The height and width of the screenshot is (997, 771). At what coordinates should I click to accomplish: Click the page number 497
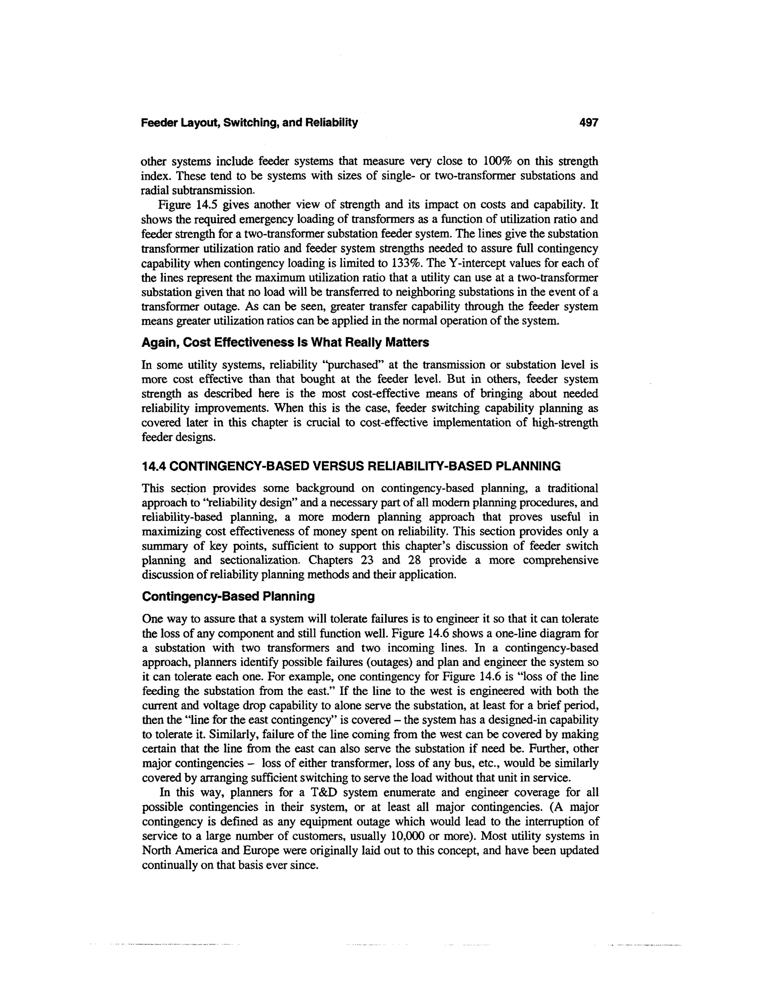point(588,123)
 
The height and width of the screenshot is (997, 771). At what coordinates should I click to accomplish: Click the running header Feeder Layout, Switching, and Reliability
point(249,123)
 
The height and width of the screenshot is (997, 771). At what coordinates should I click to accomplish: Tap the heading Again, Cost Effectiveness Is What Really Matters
point(285,342)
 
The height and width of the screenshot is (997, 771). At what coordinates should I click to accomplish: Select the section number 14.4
point(155,466)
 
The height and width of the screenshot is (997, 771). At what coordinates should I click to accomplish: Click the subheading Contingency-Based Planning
point(228,597)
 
